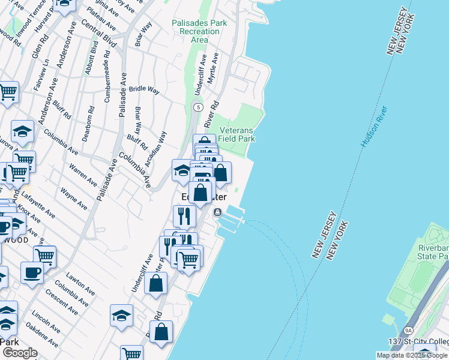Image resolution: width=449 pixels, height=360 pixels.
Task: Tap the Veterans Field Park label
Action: [237, 134]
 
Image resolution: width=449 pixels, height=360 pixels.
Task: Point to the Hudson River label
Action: [374, 127]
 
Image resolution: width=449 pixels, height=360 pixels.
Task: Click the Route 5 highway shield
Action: [197, 107]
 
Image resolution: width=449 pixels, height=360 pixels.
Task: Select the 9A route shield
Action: [409, 331]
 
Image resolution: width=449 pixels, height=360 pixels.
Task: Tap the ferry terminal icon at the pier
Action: [217, 212]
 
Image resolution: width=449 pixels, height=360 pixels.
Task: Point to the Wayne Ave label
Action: [74, 199]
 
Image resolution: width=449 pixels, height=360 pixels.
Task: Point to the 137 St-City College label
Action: [414, 342]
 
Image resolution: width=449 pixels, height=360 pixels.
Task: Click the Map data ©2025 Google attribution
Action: [412, 355]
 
